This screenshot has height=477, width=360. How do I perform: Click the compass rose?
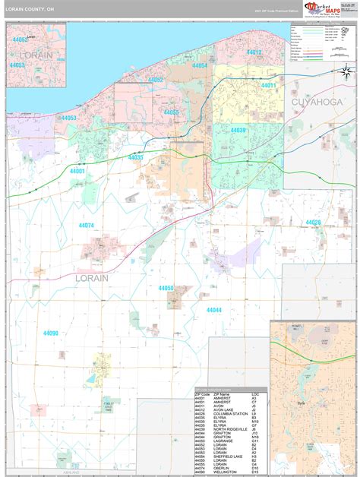344,71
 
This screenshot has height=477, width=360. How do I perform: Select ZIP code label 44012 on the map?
254,52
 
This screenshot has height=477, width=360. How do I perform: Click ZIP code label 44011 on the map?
269,86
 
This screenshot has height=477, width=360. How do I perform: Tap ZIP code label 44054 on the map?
200,66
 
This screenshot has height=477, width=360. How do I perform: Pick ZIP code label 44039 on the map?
238,131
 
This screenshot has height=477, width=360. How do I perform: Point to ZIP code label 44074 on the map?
86,225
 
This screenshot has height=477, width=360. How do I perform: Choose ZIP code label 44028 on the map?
313,222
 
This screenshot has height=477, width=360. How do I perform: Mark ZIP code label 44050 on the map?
166,288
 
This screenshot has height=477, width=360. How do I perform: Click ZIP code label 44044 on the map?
213,310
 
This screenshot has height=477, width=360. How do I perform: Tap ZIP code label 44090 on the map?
51,333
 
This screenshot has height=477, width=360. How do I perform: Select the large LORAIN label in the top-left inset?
34,55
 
